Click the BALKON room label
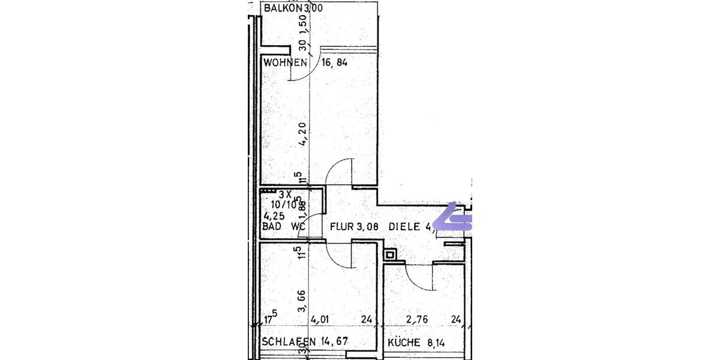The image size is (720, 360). pos(278,8)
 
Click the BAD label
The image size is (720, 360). pos(272,227)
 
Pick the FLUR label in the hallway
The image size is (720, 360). pos(343,227)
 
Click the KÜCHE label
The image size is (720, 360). pos(403,343)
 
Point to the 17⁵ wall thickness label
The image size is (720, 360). pos(270,318)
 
